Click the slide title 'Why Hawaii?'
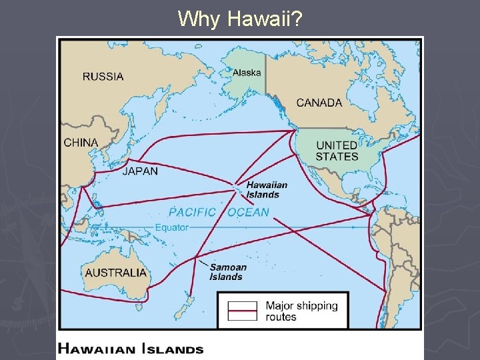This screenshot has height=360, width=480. pyautogui.click(x=240, y=19)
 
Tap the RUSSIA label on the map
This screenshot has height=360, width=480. pyautogui.click(x=103, y=76)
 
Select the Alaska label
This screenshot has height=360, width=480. pyautogui.click(x=246, y=74)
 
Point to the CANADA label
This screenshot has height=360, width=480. pyautogui.click(x=319, y=103)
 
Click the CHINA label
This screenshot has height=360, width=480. pyautogui.click(x=81, y=142)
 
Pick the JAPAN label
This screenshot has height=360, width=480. pyautogui.click(x=140, y=171)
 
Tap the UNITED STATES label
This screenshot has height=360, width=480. pyautogui.click(x=337, y=151)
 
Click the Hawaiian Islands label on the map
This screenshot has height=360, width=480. pyautogui.click(x=267, y=189)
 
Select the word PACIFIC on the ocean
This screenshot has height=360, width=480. pyautogui.click(x=192, y=212)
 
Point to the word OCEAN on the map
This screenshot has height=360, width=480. pyautogui.click(x=248, y=212)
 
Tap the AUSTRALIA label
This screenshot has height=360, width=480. pyautogui.click(x=115, y=272)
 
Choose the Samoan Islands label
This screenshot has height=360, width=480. pyautogui.click(x=228, y=271)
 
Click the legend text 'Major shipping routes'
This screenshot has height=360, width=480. pyautogui.click(x=301, y=311)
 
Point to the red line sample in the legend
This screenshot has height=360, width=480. pyautogui.click(x=243, y=311)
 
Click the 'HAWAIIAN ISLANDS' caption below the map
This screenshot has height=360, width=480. pyautogui.click(x=131, y=348)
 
